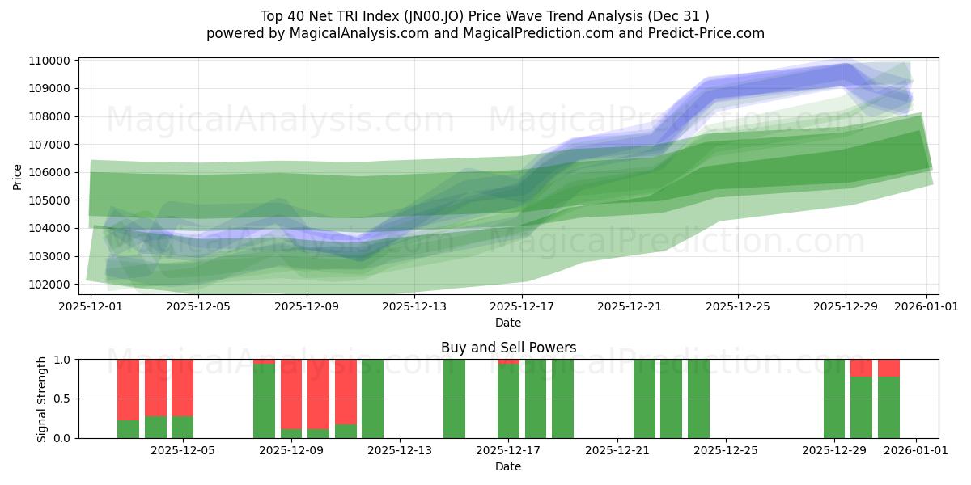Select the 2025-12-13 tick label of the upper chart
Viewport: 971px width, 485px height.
[414, 306]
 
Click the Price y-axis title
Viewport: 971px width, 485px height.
[18, 176]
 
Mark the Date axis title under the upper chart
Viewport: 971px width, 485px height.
[508, 323]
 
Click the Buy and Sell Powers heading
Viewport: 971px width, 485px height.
[508, 348]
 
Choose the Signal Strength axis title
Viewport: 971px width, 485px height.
[42, 399]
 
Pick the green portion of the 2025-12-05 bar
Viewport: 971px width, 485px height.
[182, 427]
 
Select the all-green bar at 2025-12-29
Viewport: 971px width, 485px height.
[834, 399]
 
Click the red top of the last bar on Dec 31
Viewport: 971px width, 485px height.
[888, 368]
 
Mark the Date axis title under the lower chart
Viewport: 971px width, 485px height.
[508, 466]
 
